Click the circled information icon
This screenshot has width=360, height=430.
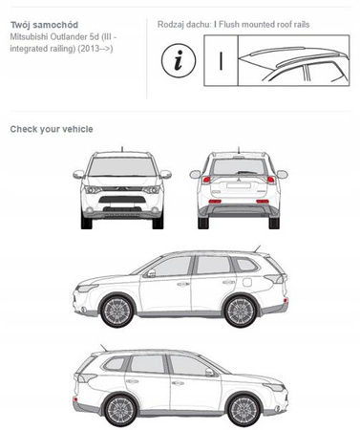179,61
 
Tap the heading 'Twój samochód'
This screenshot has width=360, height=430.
44,25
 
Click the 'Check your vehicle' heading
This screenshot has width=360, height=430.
52,129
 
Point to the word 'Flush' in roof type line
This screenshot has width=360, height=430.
228,25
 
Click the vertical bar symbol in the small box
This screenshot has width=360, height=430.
221,61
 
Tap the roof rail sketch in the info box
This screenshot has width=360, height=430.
294,60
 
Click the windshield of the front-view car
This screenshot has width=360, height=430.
122,166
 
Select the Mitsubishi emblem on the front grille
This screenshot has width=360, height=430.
122,188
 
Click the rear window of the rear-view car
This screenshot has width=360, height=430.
239,166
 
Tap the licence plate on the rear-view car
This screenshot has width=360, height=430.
239,185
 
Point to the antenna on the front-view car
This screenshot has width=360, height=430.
122,149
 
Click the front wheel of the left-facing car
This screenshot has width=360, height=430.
116,312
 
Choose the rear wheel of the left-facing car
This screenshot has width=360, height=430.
241,312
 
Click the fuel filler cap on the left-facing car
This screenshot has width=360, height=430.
246,282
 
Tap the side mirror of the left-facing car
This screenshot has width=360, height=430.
151,273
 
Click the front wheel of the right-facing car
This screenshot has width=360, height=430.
244,411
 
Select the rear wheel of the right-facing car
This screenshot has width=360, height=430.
120,411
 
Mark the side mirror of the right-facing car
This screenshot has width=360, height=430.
209,373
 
